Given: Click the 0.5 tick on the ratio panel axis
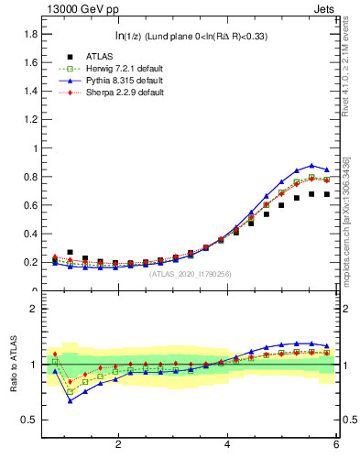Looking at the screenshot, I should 30,420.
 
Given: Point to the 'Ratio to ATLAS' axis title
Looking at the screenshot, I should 13,364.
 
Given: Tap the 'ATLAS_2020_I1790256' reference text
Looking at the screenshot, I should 191,273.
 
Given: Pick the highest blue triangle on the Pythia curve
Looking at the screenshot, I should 311,166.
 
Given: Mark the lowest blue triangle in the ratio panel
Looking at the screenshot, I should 70,400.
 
